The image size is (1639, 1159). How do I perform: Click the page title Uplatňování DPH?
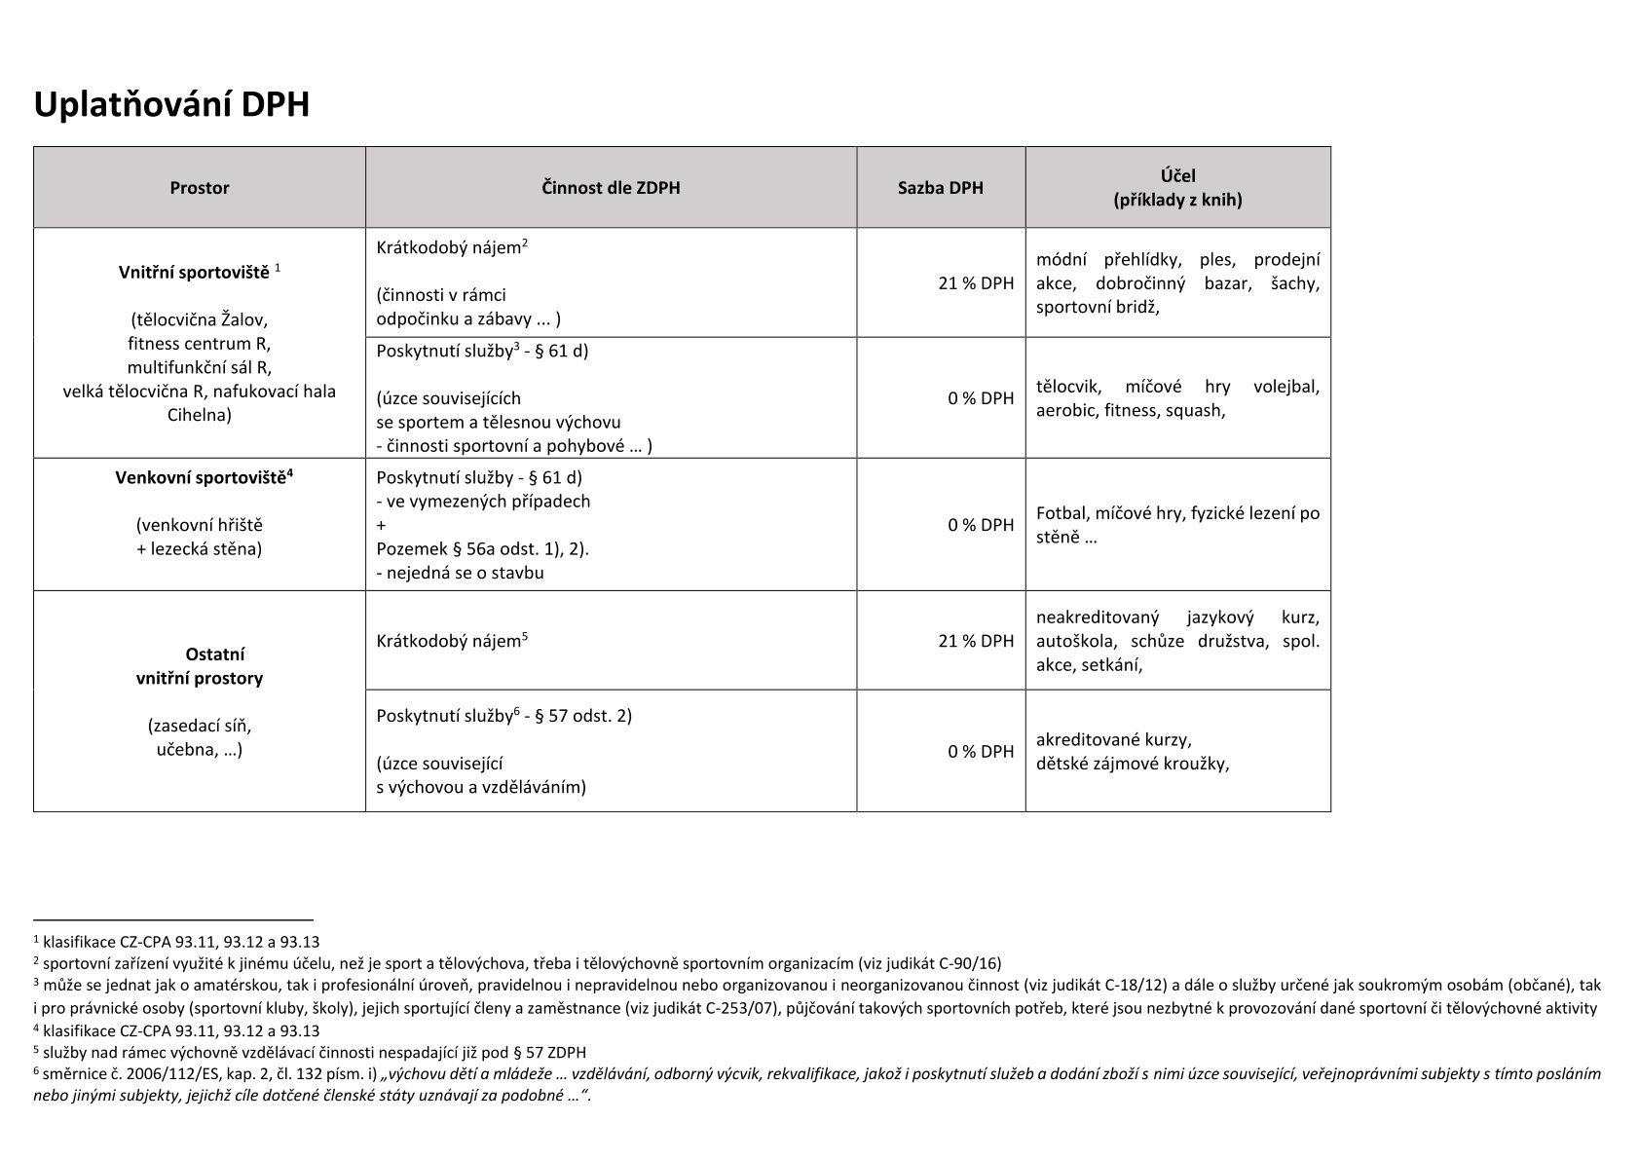[171, 104]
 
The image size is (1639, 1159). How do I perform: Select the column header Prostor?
[200, 188]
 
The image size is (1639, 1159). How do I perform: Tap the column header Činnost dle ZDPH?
[611, 188]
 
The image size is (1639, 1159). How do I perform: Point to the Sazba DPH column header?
[940, 188]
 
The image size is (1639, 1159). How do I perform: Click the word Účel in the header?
[1177, 176]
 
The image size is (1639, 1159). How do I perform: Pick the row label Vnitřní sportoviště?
[194, 273]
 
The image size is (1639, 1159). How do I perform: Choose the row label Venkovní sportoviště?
[201, 478]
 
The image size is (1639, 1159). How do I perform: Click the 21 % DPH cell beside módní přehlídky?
[976, 283]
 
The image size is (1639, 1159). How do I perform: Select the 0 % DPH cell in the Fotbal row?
[981, 525]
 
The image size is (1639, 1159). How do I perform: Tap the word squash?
[1195, 411]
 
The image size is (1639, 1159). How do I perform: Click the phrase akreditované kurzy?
[1113, 740]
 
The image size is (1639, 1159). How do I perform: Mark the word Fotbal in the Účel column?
[1061, 513]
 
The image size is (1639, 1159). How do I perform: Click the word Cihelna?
[200, 415]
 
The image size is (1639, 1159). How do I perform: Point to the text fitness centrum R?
[200, 344]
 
